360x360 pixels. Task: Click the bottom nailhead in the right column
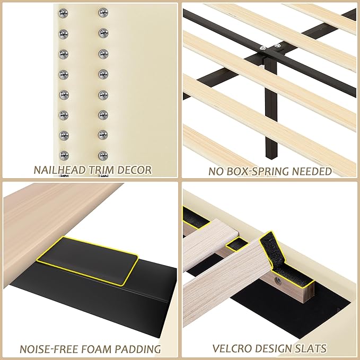coord(102,155)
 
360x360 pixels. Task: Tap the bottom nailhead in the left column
coord(64,155)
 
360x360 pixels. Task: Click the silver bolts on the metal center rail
coord(269,48)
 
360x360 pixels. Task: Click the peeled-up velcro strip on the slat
coord(270,249)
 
